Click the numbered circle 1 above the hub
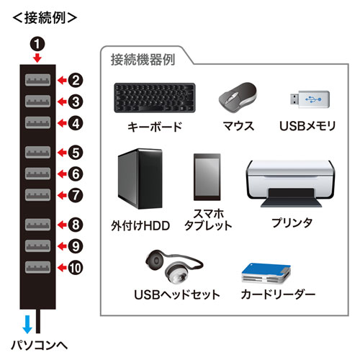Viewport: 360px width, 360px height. tap(37, 42)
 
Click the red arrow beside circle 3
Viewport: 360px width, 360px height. tap(62, 102)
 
